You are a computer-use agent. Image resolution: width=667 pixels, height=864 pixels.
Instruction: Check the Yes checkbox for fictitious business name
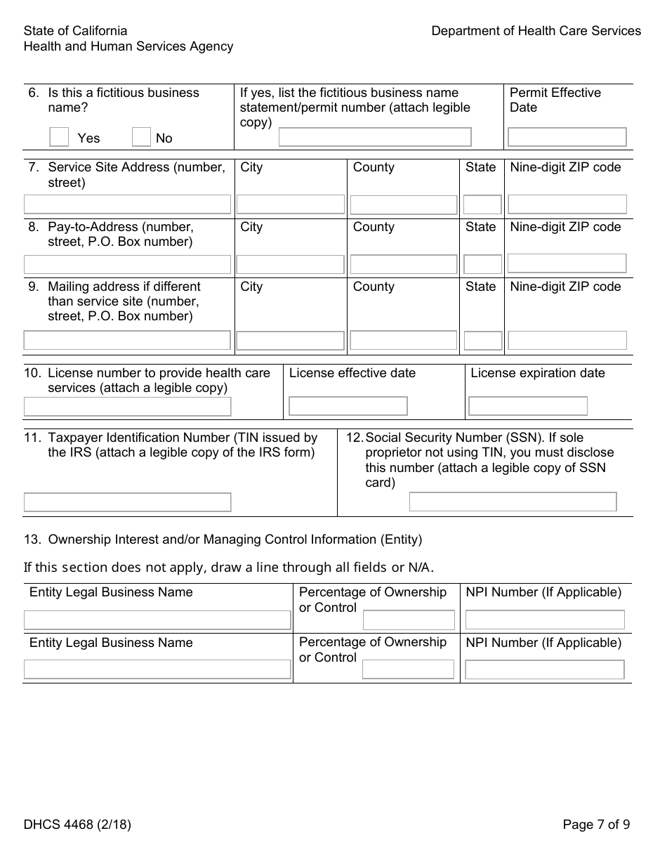59,137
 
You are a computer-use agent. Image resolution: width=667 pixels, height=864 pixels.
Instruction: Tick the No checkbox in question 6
141,137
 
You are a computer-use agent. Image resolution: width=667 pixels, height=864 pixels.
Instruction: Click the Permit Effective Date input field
567,137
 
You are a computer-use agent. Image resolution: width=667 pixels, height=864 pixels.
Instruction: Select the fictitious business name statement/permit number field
375,137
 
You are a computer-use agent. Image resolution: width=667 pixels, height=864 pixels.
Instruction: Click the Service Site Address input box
127,204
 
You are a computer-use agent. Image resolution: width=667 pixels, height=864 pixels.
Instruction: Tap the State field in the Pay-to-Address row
482,264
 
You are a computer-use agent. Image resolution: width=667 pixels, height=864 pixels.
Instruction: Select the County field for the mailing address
403,341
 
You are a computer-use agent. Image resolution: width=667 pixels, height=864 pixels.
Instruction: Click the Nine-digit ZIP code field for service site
567,204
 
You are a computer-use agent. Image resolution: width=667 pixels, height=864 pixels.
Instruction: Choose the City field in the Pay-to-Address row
290,264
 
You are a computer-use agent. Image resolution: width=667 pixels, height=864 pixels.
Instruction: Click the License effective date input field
348,406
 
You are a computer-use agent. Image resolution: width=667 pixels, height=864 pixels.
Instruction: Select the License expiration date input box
528,406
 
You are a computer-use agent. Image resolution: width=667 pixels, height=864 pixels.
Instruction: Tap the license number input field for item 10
127,406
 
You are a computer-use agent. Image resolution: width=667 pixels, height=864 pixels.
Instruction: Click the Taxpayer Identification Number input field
127,502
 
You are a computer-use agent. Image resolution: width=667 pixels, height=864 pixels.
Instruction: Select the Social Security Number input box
513,502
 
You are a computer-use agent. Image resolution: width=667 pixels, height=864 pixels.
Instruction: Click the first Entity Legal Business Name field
157,620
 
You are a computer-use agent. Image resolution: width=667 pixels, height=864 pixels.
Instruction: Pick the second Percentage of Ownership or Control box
408,669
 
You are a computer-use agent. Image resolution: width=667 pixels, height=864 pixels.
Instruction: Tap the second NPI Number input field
544,669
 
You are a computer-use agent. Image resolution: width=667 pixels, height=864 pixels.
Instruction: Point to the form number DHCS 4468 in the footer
77,825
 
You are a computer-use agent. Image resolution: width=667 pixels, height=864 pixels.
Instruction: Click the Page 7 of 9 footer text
596,825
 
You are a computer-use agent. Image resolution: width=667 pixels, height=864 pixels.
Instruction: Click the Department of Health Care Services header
536,31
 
